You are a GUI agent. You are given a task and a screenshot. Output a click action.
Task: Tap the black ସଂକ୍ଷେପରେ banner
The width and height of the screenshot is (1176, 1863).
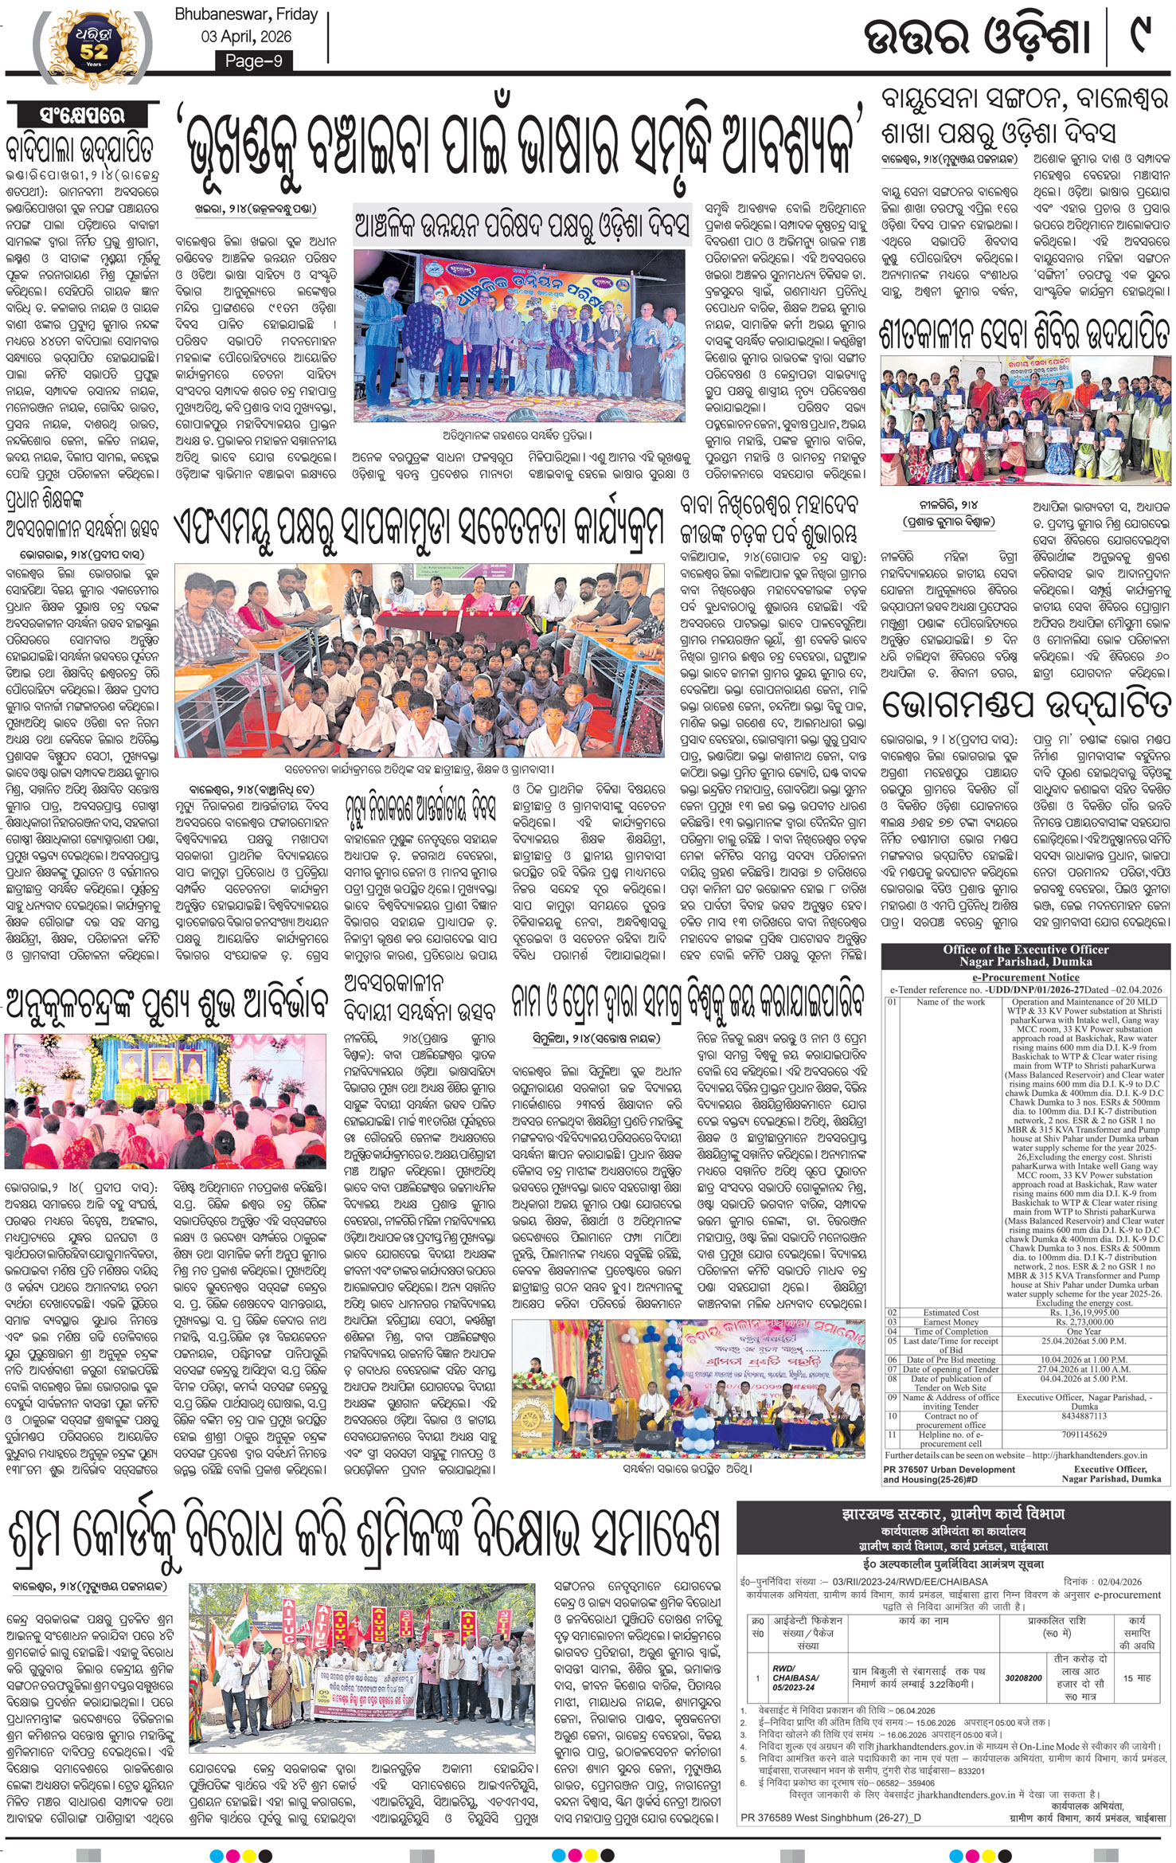(x=82, y=115)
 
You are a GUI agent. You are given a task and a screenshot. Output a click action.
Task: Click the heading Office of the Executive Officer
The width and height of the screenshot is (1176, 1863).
(x=1026, y=949)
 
